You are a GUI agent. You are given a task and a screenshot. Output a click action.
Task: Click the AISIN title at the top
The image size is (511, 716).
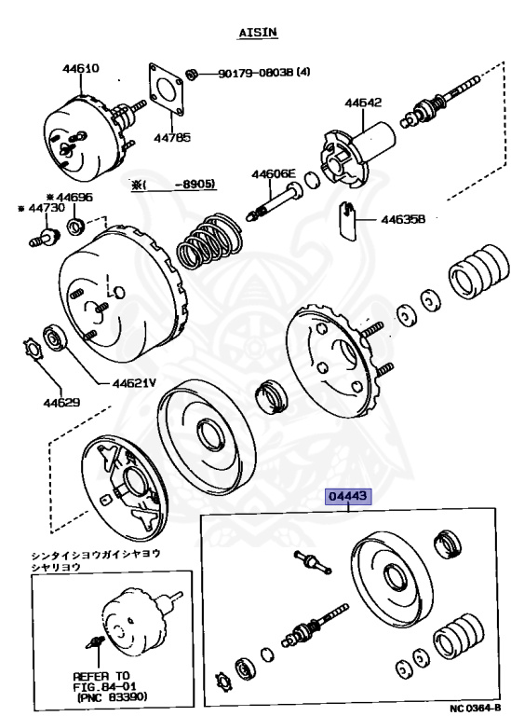click(258, 33)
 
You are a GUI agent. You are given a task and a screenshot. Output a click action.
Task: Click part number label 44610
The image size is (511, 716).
click(81, 68)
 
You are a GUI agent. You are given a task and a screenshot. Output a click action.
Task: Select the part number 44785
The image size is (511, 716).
click(172, 137)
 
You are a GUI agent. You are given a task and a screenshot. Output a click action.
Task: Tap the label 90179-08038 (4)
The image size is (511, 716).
click(264, 72)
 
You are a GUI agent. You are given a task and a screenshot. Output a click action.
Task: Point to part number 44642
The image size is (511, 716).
click(363, 103)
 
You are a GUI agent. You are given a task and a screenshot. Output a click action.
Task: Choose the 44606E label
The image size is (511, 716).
click(274, 173)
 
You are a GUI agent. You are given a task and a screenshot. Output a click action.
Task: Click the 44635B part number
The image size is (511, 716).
click(403, 219)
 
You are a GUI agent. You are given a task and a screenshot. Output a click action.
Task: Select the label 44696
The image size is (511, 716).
click(70, 198)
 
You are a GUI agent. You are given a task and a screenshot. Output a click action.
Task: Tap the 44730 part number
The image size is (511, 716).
click(42, 208)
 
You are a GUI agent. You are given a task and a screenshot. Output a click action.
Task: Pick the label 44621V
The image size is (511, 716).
click(134, 382)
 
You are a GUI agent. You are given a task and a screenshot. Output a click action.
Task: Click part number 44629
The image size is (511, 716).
click(61, 403)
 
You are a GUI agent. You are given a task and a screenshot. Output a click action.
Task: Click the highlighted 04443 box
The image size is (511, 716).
click(348, 496)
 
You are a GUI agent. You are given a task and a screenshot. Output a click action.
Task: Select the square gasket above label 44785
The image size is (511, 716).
click(166, 89)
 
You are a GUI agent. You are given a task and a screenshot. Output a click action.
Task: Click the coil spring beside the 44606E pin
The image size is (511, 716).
click(208, 241)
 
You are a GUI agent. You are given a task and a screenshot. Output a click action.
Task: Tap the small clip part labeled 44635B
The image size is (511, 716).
click(348, 220)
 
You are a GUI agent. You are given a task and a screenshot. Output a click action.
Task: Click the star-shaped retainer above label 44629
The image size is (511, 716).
click(33, 349)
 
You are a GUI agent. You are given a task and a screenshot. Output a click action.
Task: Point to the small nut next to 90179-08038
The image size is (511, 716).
click(192, 74)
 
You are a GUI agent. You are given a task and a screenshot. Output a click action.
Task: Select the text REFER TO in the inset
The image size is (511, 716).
click(101, 676)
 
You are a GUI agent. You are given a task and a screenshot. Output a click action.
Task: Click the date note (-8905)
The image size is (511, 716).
click(173, 184)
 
